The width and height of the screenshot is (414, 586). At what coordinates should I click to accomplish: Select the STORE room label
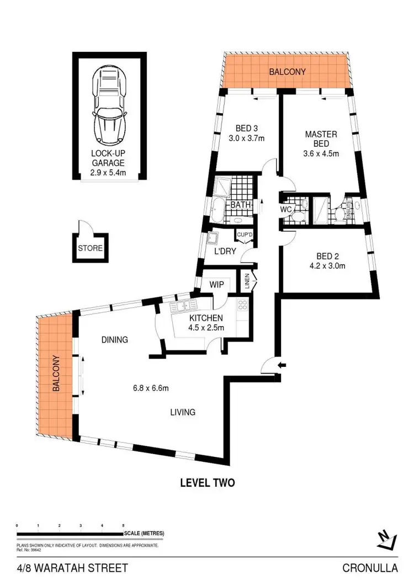coord(90,248)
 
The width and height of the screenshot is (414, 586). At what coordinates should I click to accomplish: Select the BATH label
coord(241,205)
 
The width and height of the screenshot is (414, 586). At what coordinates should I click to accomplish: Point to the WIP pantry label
coord(215,285)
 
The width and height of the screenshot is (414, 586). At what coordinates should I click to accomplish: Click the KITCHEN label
coord(206,318)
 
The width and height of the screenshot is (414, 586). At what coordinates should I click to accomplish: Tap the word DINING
coord(114,340)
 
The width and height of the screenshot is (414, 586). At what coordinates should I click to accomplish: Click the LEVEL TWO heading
coord(208,483)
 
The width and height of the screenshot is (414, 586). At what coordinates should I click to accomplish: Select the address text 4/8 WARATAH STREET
coord(72,568)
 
